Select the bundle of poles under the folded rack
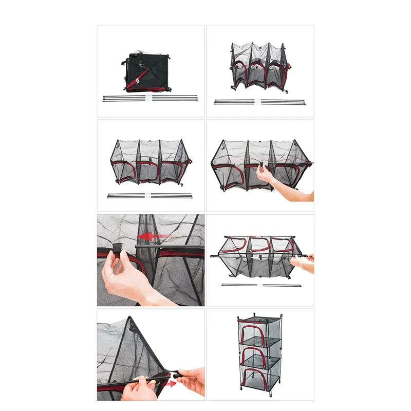click(x=150, y=98)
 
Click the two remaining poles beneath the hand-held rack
click(x=260, y=285)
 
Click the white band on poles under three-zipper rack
click(x=150, y=195)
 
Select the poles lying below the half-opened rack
click(x=259, y=102)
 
